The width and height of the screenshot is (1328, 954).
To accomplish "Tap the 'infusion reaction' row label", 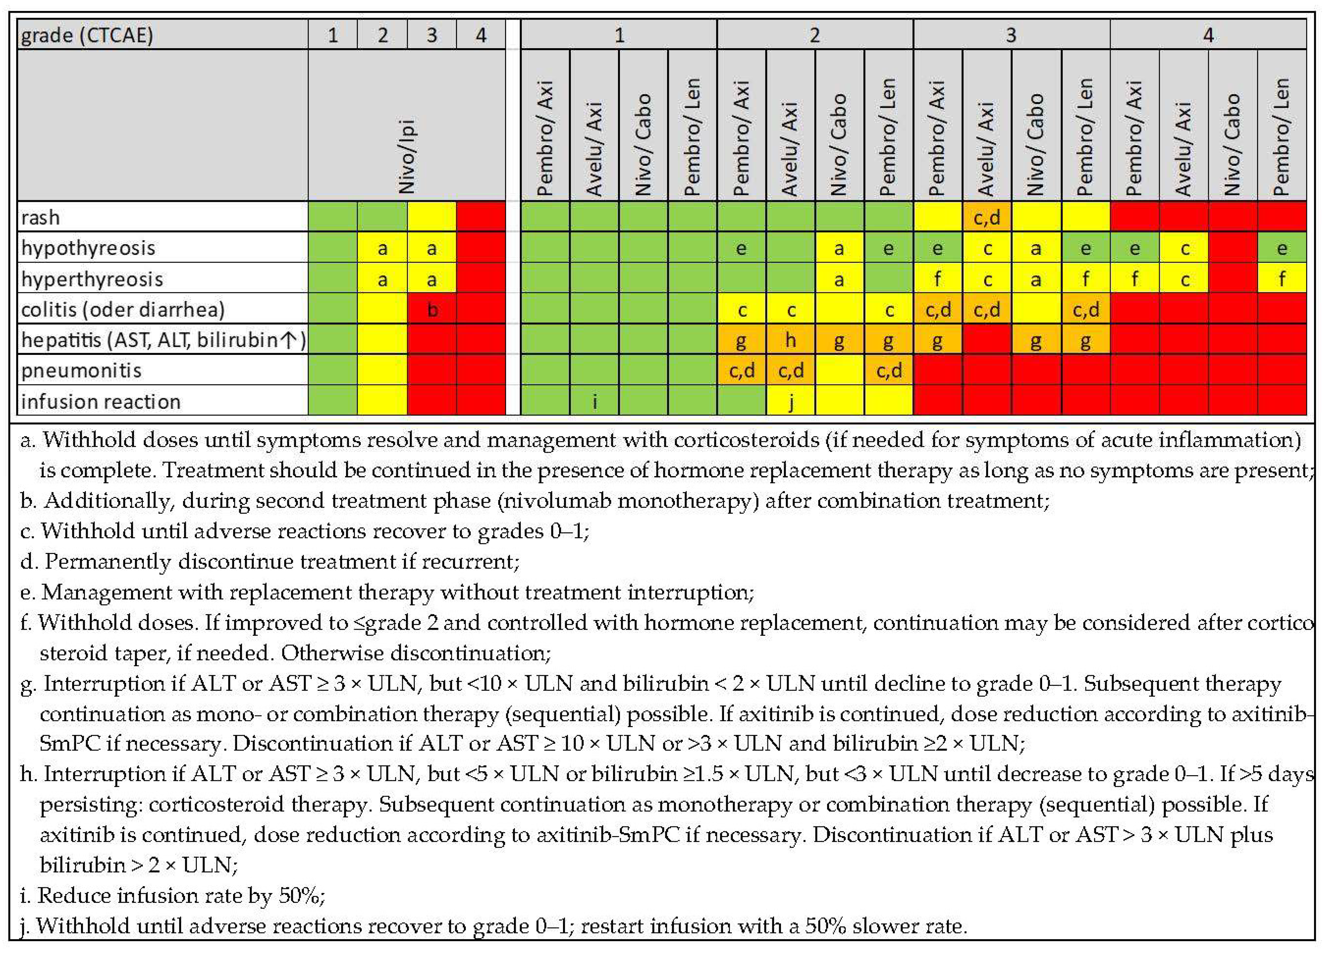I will tap(101, 402).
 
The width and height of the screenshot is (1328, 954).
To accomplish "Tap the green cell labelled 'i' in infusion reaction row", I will tap(595, 402).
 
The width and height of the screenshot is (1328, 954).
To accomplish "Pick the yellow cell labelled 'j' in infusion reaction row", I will tap(790, 402).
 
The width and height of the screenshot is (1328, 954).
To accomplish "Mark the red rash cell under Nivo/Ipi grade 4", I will tap(481, 217).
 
